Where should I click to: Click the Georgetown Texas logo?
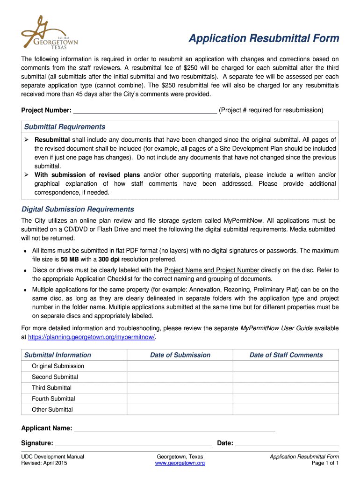click(49, 33)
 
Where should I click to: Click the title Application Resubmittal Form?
click(264, 38)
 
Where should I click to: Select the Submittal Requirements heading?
click(65, 127)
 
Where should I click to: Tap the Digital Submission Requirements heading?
click(78, 209)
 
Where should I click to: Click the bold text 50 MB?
click(70, 259)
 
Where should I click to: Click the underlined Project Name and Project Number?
click(212, 270)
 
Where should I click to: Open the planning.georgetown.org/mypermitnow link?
click(91, 337)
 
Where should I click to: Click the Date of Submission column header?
click(180, 355)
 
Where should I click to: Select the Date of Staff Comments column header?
click(286, 355)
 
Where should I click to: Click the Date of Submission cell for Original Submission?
click(180, 366)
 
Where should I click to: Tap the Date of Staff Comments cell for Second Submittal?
click(286, 377)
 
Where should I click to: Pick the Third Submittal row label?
click(51, 388)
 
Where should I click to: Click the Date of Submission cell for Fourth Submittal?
click(180, 399)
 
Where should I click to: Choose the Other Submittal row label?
click(52, 409)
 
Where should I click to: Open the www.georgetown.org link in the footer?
click(180, 463)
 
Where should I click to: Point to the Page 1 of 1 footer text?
click(325, 463)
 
